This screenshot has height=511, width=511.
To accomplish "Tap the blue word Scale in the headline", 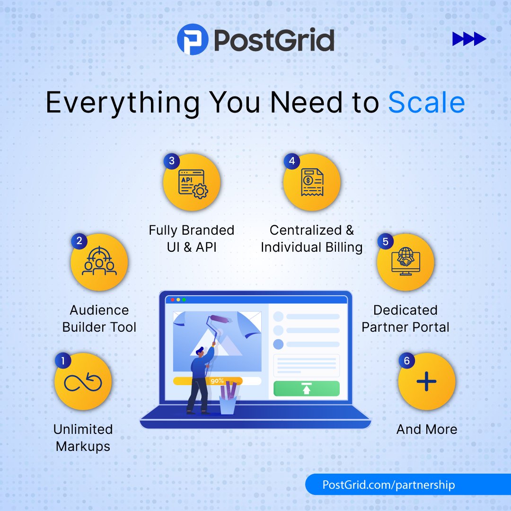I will click(x=426, y=103).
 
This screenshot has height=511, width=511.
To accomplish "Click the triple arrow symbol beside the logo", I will click(x=469, y=39).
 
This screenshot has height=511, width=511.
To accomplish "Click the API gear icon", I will click(x=192, y=184).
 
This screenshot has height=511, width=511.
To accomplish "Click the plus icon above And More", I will click(x=426, y=381).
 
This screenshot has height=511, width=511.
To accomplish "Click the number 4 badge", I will click(x=291, y=161).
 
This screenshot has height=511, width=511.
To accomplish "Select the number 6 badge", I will click(x=406, y=361).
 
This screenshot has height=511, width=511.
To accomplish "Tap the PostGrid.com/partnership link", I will click(x=388, y=485).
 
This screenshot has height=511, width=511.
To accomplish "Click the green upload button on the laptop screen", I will click(x=307, y=388).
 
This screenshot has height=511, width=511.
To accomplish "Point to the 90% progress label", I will click(x=217, y=381).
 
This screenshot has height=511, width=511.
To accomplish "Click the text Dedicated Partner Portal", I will click(x=405, y=318).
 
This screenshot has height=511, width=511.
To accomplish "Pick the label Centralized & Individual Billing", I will click(x=312, y=238).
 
